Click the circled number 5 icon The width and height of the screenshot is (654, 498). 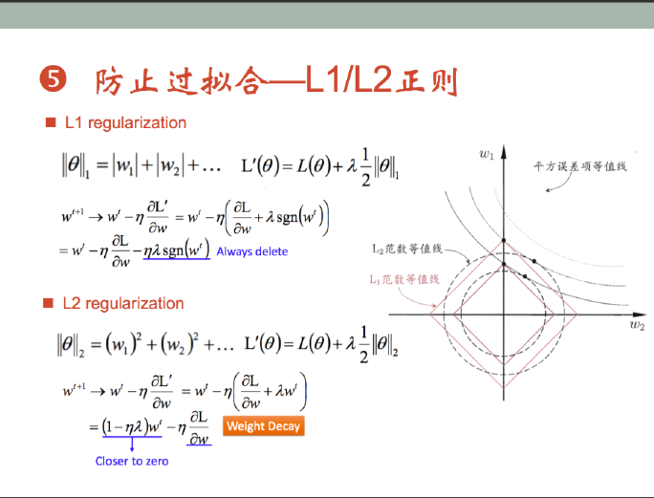pos(53,78)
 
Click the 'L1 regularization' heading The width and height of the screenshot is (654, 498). pos(125,122)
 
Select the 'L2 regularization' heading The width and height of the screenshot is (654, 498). pos(123,303)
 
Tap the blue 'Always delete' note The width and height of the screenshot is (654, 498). pos(251,251)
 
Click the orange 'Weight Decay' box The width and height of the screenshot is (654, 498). pos(264,426)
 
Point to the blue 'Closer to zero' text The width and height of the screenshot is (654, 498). pos(132,461)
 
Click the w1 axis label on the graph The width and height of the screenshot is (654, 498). pos(487,155)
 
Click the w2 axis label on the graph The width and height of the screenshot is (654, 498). pos(638,324)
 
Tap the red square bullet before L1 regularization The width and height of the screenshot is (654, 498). pos(51,122)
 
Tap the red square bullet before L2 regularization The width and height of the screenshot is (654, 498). pos(48,303)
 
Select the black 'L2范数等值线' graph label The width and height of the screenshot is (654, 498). pos(406,249)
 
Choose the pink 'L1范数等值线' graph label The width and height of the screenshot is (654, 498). pos(404,279)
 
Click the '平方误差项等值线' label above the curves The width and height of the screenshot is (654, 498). pos(579,166)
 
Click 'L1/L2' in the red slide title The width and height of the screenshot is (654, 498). pos(349,79)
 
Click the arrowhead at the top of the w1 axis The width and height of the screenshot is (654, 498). pos(504,151)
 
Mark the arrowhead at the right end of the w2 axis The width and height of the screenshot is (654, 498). pos(640,314)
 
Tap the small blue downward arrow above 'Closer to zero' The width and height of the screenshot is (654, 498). pos(132,444)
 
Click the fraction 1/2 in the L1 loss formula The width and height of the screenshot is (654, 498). pos(365,167)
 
